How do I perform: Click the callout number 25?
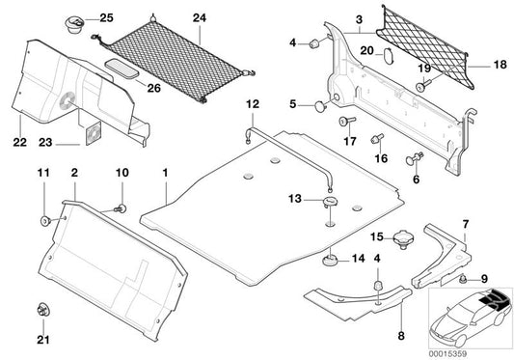pyautogui.click(x=106, y=18)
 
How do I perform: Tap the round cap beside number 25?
pyautogui.click(x=75, y=20)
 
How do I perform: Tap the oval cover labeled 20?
pyautogui.click(x=383, y=56)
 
